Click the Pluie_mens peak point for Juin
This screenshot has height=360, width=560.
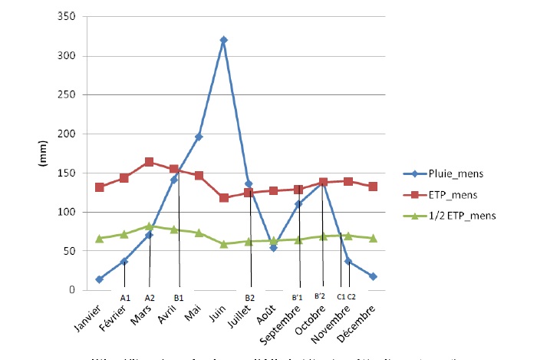(223, 40)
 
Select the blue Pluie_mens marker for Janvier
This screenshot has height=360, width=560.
(100, 279)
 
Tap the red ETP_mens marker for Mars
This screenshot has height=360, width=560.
(149, 162)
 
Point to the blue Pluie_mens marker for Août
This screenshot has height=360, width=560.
(273, 248)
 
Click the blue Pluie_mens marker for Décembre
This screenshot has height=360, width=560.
(373, 276)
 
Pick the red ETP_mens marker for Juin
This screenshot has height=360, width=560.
(223, 198)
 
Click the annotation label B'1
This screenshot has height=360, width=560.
(299, 296)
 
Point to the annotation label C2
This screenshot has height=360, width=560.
(351, 296)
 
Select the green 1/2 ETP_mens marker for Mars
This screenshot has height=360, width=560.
(149, 226)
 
